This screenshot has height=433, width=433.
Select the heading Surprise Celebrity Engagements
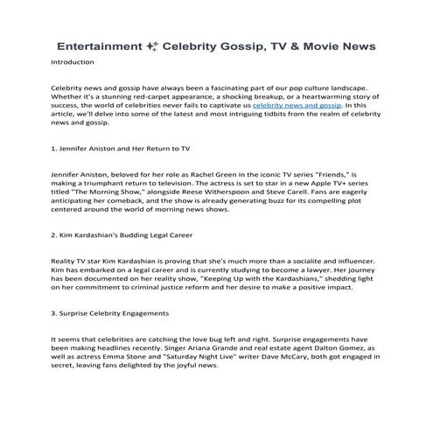tap(110, 312)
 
